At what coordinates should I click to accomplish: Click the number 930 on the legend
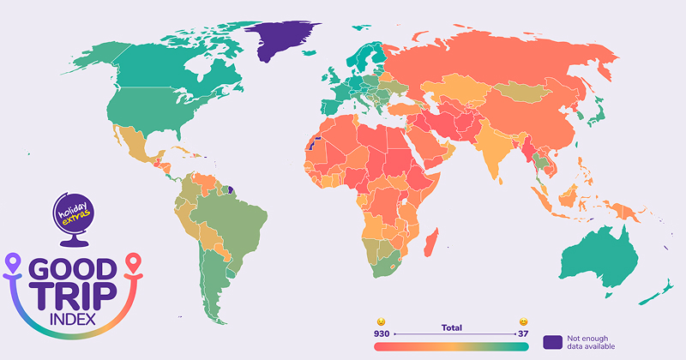382,333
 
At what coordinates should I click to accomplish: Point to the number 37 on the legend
521,333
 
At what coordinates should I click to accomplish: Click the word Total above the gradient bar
452,327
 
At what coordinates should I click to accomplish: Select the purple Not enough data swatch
554,342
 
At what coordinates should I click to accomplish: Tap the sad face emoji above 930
382,321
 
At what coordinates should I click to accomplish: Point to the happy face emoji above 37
522,321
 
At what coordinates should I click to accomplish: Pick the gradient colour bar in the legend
452,345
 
